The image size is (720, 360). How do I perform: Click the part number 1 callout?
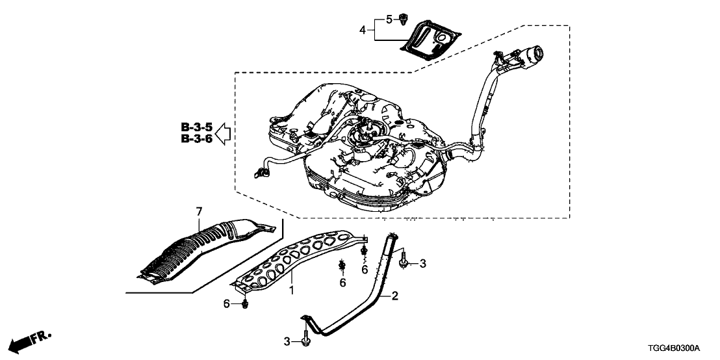[292, 290]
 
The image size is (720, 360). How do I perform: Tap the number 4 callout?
[363, 29]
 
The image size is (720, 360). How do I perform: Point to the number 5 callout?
[389, 19]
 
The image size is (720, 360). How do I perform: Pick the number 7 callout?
[199, 211]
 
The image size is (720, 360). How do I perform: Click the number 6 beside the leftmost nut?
[227, 303]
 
